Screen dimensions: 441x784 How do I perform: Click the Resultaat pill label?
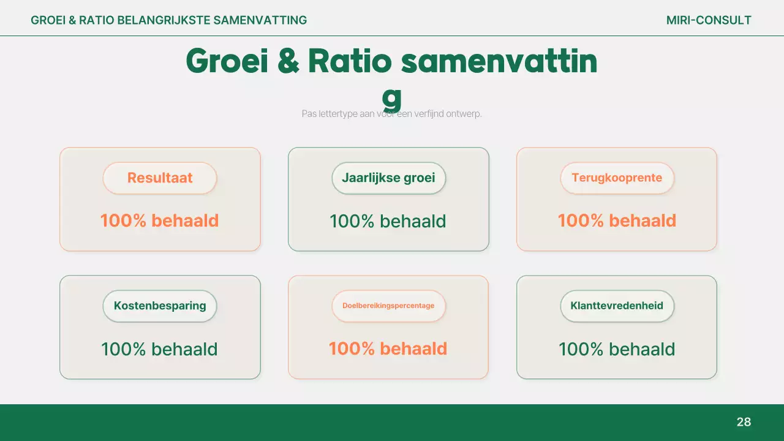(160, 178)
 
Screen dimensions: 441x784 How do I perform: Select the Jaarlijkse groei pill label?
(388, 178)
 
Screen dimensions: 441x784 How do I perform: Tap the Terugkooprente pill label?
(617, 178)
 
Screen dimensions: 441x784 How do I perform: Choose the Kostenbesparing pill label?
(160, 306)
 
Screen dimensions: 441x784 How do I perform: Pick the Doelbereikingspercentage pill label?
(388, 306)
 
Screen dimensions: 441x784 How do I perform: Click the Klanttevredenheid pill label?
(617, 306)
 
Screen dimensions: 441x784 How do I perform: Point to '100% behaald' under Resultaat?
(159, 221)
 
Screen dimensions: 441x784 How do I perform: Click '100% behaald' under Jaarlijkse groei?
(388, 221)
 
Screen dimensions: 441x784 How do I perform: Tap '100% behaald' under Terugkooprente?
(617, 221)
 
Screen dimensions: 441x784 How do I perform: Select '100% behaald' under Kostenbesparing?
(159, 349)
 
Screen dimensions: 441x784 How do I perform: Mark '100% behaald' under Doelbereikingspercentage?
(388, 349)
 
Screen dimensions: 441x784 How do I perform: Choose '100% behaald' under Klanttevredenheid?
(617, 349)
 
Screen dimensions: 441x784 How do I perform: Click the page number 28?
(744, 422)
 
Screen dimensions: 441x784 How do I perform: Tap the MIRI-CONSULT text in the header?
(709, 20)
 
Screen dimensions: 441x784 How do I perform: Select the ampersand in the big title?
(288, 61)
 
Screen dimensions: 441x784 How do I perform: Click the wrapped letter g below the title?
(391, 97)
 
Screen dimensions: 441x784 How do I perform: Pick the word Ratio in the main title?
(349, 61)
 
